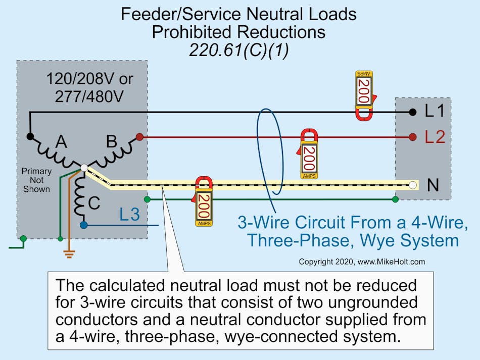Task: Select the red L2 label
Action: pos(435,137)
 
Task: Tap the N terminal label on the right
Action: pos(433,185)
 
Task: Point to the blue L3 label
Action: pos(129,215)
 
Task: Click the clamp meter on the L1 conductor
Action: pos(364,94)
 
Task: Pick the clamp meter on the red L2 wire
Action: pos(309,153)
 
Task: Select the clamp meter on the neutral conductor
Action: pos(203,201)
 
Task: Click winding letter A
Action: pos(61,142)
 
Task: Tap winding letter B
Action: pos(112,142)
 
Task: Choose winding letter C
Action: pos(94,202)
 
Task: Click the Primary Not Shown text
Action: pos(36,180)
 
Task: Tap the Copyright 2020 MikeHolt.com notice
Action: pos(362,262)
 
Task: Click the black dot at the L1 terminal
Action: pos(413,112)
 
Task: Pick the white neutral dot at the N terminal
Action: pos(413,185)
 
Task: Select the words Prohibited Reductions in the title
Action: pos(238,32)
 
